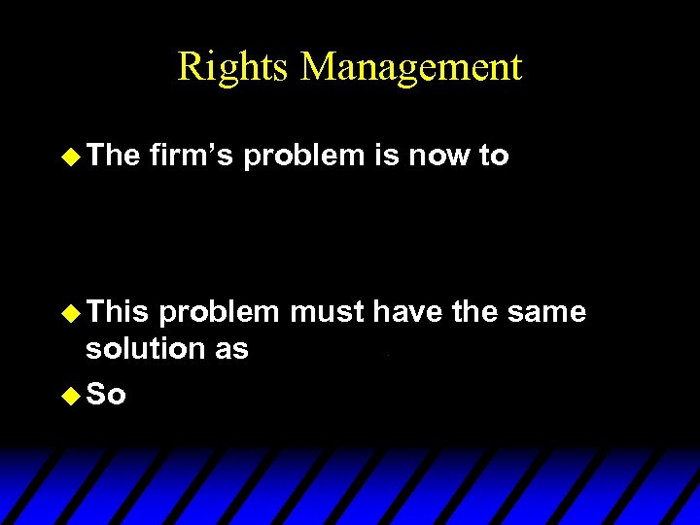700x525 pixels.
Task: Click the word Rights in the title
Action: pos(233,67)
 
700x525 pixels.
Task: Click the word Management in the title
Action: pos(412,67)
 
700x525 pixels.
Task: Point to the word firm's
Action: pos(192,156)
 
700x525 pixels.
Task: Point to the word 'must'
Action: pos(326,312)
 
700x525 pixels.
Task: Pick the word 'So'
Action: pos(107,396)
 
